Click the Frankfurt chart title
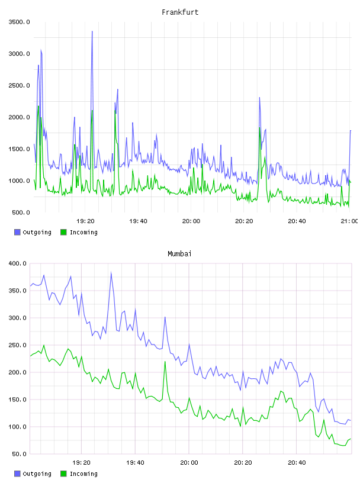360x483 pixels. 180,12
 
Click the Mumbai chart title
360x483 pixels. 179,254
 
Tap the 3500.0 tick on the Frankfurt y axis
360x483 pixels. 19,22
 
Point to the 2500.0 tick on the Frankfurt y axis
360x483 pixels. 19,85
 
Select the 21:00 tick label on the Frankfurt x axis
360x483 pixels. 349,221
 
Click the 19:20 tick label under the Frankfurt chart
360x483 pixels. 85,221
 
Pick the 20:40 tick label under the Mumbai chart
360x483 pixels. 297,462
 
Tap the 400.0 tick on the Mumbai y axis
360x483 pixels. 17,263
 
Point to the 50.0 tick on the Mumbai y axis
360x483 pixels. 19,454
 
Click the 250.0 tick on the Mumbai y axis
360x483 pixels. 17,345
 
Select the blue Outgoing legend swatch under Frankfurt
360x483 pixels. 17,232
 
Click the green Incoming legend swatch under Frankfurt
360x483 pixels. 63,232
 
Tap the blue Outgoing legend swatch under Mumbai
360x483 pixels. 17,474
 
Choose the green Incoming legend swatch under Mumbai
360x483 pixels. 63,474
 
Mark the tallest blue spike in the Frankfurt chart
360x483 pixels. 92,31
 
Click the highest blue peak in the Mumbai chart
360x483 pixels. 111,273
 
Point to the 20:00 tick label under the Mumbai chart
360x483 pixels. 189,462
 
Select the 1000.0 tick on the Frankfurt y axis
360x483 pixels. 19,181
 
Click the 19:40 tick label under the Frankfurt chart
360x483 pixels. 138,221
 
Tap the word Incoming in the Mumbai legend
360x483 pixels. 83,474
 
